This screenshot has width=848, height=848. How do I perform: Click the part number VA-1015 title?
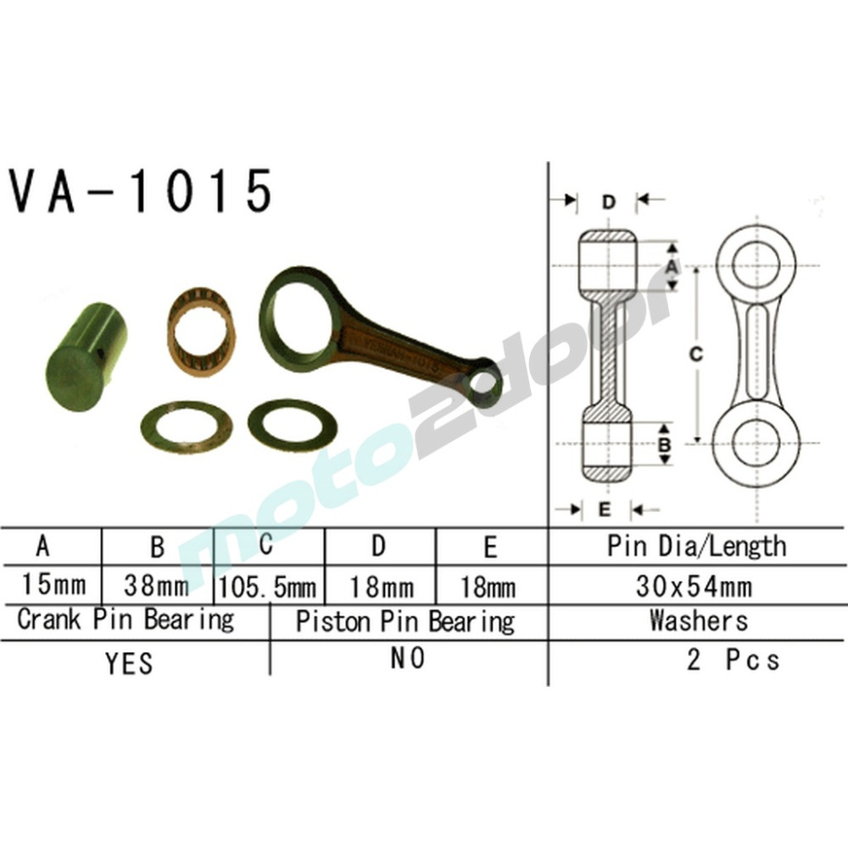click(141, 192)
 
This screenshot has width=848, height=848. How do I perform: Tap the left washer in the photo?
click(187, 427)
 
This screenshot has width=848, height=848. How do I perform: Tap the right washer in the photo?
click(292, 424)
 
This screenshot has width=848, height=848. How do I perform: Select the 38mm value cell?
click(157, 585)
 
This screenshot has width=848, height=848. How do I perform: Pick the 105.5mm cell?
click(268, 586)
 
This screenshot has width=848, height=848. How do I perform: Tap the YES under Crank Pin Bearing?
click(130, 662)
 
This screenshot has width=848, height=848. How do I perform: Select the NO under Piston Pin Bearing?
click(407, 659)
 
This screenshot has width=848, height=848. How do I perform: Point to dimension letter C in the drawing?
click(695, 356)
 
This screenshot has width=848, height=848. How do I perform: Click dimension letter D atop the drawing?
click(608, 202)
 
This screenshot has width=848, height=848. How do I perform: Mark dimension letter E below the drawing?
click(605, 510)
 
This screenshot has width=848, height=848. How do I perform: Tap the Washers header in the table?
click(699, 621)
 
